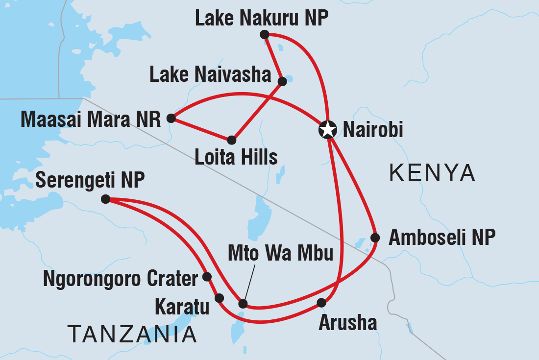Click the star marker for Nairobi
pyautogui.click(x=327, y=130)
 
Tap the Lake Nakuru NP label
pyautogui.click(x=261, y=19)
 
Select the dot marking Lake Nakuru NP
pyautogui.click(x=265, y=34)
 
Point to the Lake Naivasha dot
pyautogui.click(x=282, y=81)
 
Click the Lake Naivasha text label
pyautogui.click(x=210, y=75)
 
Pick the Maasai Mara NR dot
pyautogui.click(x=171, y=118)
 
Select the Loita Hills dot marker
pyautogui.click(x=232, y=140)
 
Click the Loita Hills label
pyautogui.click(x=236, y=157)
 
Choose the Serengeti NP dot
pyautogui.click(x=105, y=199)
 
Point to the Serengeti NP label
pyautogui.click(x=90, y=181)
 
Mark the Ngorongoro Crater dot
pyautogui.click(x=207, y=277)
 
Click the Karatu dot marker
pyautogui.click(x=219, y=298)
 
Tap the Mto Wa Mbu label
pyautogui.click(x=281, y=254)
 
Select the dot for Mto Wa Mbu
pyautogui.click(x=243, y=304)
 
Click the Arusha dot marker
pyautogui.click(x=321, y=303)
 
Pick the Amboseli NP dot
pyautogui.click(x=375, y=238)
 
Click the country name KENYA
pyautogui.click(x=432, y=173)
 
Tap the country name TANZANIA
pyautogui.click(x=132, y=335)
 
